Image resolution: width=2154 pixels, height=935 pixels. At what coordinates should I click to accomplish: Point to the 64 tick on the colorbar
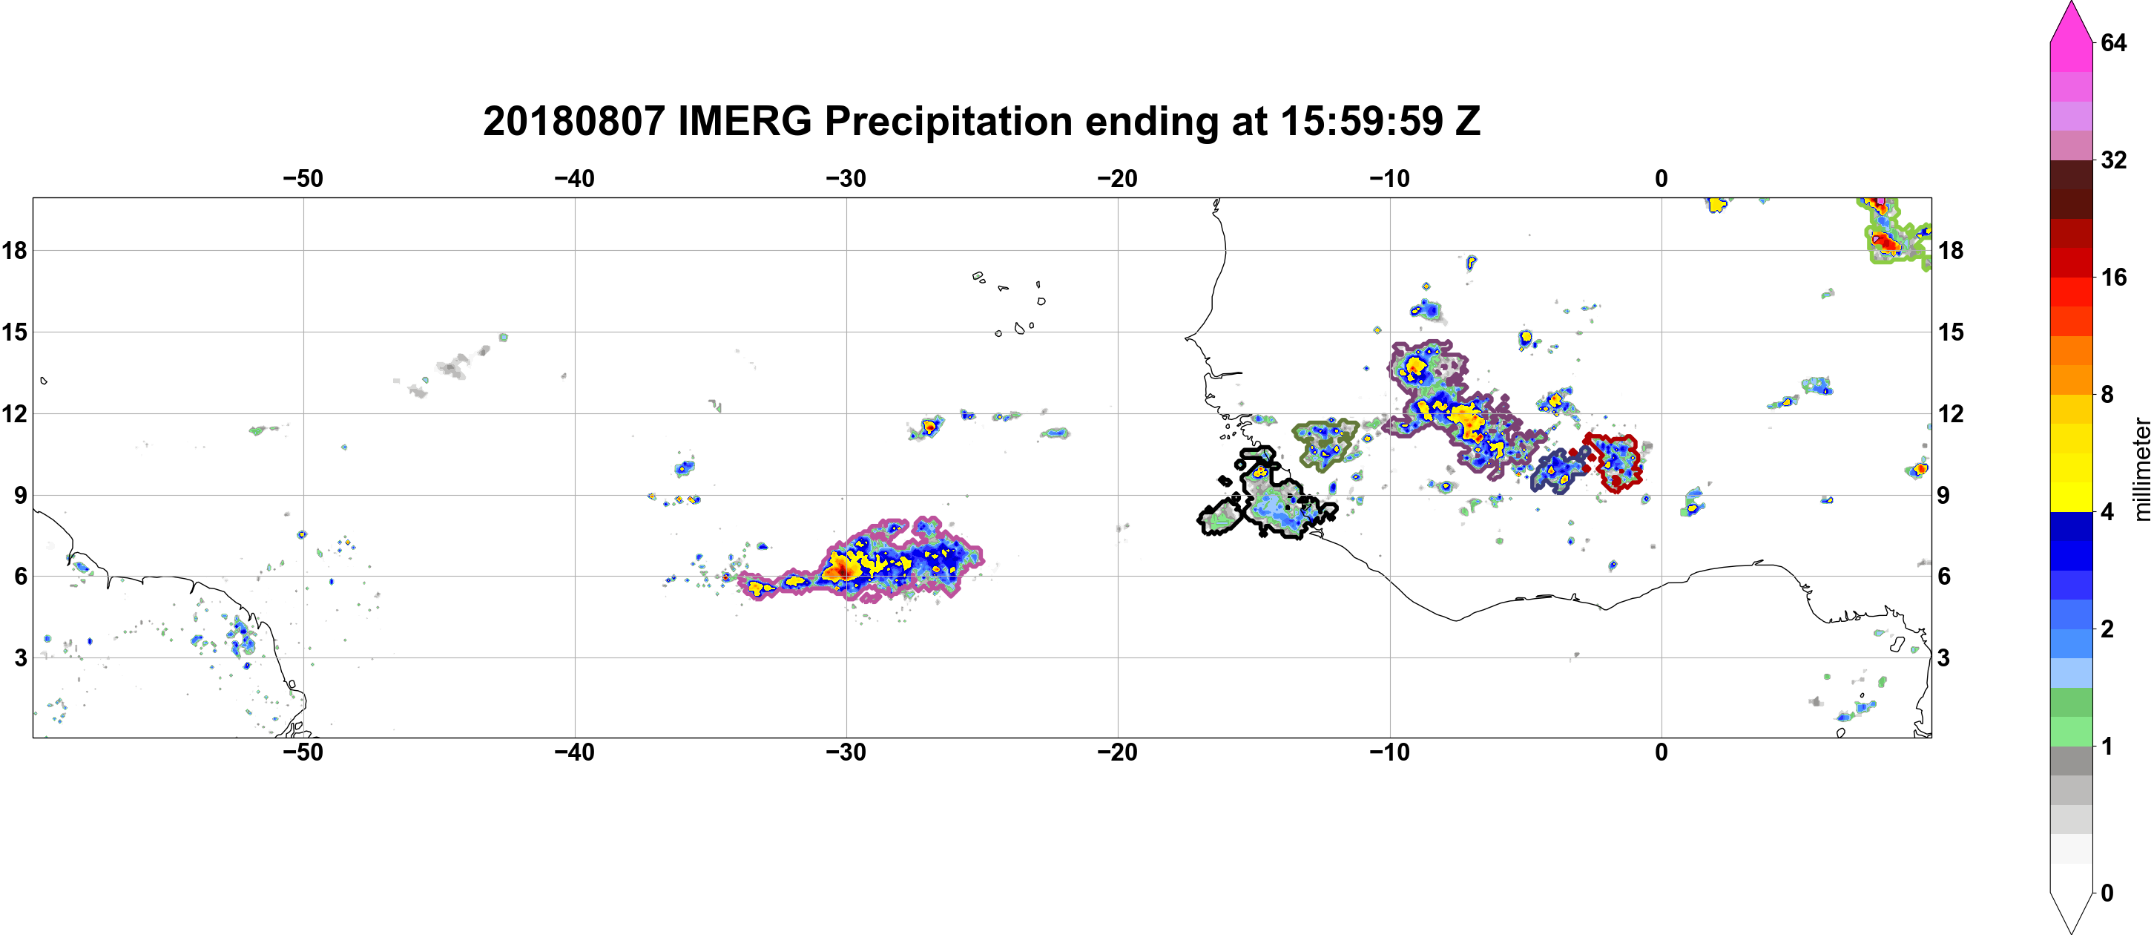click(x=2113, y=42)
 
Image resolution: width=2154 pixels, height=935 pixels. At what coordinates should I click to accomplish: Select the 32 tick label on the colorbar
click(x=2113, y=160)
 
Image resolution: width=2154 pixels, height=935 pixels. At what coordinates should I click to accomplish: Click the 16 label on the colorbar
click(x=2113, y=277)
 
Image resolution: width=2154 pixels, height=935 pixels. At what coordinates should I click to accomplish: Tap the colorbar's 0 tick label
click(x=2107, y=893)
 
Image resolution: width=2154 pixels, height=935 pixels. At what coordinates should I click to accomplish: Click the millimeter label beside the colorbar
click(x=2141, y=469)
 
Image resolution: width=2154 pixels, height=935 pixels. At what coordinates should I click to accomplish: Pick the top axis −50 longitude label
click(x=303, y=178)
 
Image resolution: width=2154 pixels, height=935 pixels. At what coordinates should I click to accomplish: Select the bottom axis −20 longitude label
click(x=1118, y=752)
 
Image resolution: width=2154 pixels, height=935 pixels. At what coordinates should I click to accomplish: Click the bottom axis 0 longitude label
click(x=1661, y=752)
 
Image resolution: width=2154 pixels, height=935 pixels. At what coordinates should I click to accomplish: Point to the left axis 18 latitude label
click(x=14, y=250)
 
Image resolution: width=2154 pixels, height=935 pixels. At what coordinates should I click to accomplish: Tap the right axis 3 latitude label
click(x=1943, y=657)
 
